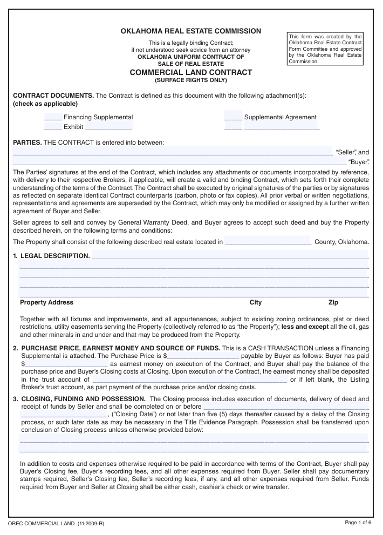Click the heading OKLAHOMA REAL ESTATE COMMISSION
191,31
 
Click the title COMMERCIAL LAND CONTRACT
191,72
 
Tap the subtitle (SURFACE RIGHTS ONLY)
191,80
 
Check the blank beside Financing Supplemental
52,118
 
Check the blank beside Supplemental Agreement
233,118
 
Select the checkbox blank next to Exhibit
52,127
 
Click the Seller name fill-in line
173,152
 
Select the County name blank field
268,242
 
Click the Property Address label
46,303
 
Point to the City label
256,303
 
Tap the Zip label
333,303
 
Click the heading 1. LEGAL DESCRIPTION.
51,256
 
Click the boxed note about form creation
325,49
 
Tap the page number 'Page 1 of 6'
358,523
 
